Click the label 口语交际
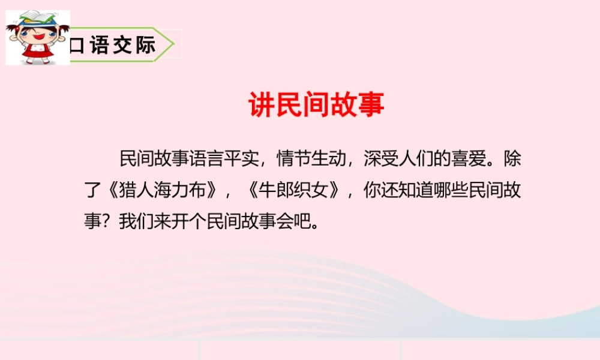point(112,45)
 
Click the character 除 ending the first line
point(512,160)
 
